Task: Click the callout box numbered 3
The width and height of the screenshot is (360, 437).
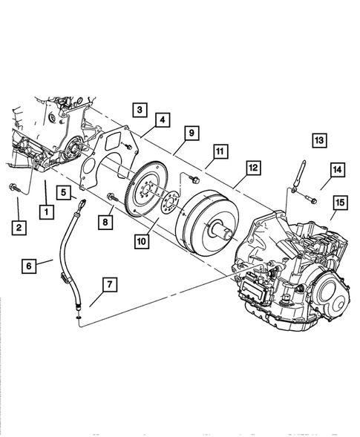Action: (x=140, y=110)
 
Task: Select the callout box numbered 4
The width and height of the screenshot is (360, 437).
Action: (x=163, y=120)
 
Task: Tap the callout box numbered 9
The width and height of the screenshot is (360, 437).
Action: (x=192, y=134)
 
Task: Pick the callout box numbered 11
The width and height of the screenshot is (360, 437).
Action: (x=220, y=151)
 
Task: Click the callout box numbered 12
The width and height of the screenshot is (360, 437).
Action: (x=253, y=168)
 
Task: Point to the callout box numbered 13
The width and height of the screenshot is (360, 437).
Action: (x=319, y=140)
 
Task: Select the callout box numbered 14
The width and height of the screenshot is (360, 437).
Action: (x=338, y=170)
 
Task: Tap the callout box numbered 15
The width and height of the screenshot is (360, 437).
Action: (x=340, y=203)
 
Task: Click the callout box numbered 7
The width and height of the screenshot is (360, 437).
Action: (x=110, y=285)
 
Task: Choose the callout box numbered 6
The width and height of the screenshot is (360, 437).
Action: (x=29, y=266)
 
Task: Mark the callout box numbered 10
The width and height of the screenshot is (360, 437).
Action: (x=141, y=241)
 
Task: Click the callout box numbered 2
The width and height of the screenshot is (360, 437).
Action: (x=19, y=228)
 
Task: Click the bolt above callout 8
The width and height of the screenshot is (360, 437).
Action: (x=113, y=197)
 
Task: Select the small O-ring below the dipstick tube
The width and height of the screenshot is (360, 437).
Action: (x=79, y=318)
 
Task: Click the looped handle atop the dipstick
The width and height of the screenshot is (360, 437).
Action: (x=82, y=204)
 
